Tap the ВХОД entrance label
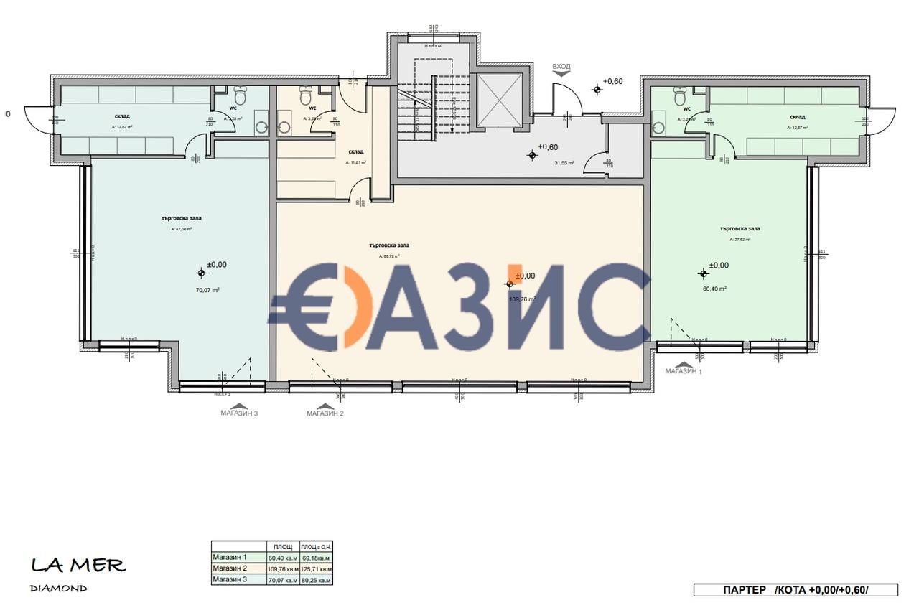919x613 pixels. pos(561,67)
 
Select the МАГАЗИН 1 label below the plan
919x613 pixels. pos(683,371)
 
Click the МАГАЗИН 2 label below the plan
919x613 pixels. pos(325,413)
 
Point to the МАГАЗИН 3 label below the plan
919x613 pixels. pos(239,413)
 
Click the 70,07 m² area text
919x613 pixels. pos(207,290)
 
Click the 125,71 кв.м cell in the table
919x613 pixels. pos(316,568)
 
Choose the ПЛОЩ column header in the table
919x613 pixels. pos(282,547)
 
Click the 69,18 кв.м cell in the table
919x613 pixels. pos(316,558)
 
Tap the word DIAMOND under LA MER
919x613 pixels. pos(59,589)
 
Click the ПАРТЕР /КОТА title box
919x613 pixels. pos(796,590)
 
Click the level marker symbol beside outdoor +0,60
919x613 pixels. pos(597,89)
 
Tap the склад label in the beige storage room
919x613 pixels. pos(356,151)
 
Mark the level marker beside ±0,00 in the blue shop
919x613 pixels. pos(200,273)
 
